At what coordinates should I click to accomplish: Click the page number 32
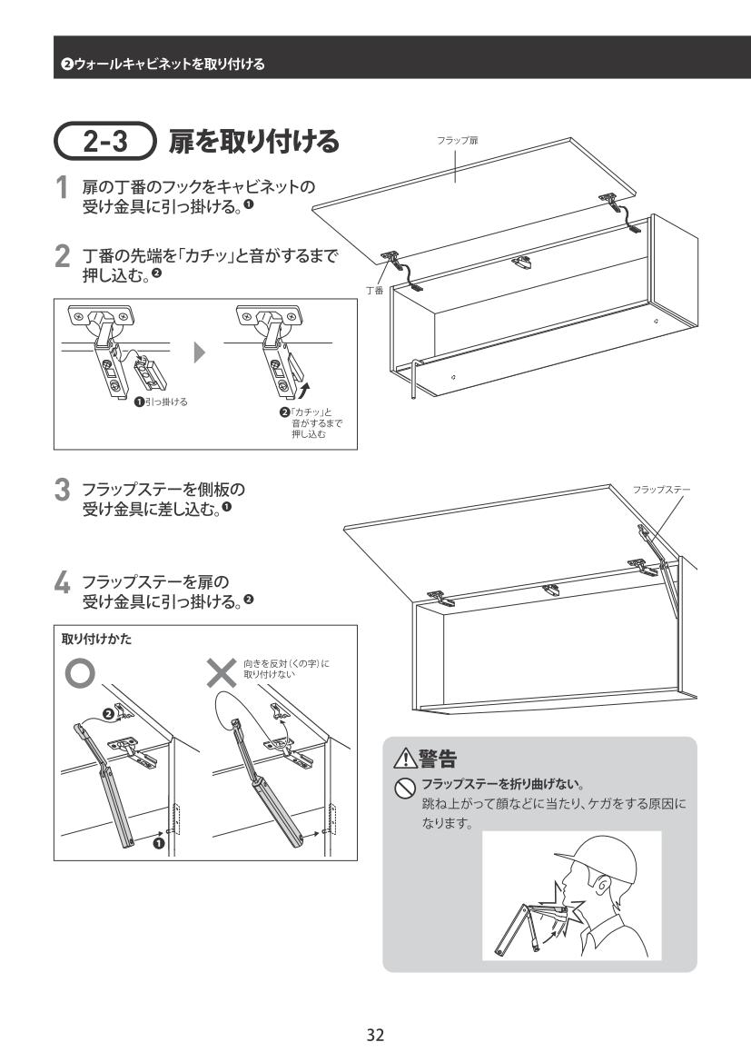click(375, 1034)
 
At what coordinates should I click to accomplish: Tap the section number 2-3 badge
click(107, 142)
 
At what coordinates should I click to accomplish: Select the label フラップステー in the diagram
click(661, 490)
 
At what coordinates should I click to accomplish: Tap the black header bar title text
click(158, 63)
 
